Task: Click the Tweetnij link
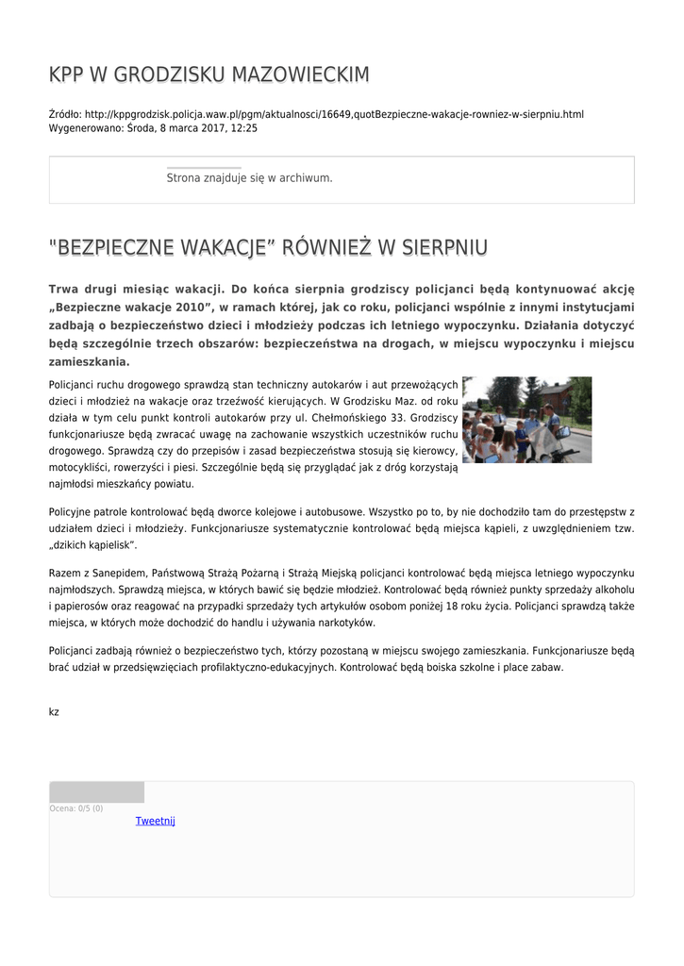(156, 821)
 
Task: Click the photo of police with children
(526, 420)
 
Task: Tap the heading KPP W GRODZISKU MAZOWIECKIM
(209, 75)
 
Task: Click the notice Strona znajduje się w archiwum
(249, 177)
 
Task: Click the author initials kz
(54, 711)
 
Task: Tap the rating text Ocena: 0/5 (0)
(76, 808)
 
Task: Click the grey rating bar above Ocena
(96, 791)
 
